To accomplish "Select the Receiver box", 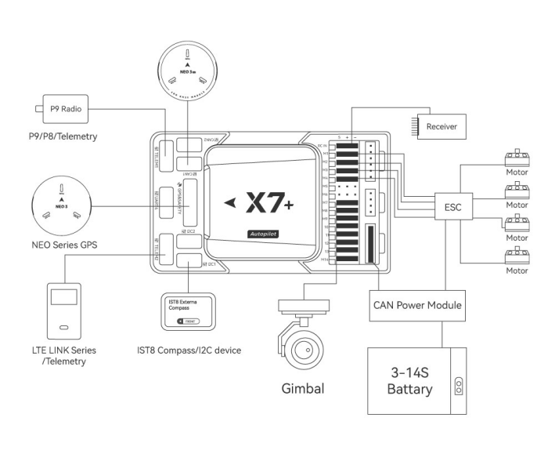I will (x=442, y=125).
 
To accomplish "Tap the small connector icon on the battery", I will (x=458, y=384).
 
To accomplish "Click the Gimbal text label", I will (x=303, y=389).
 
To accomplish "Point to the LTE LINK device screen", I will (x=65, y=297).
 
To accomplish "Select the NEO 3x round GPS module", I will (x=188, y=67).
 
